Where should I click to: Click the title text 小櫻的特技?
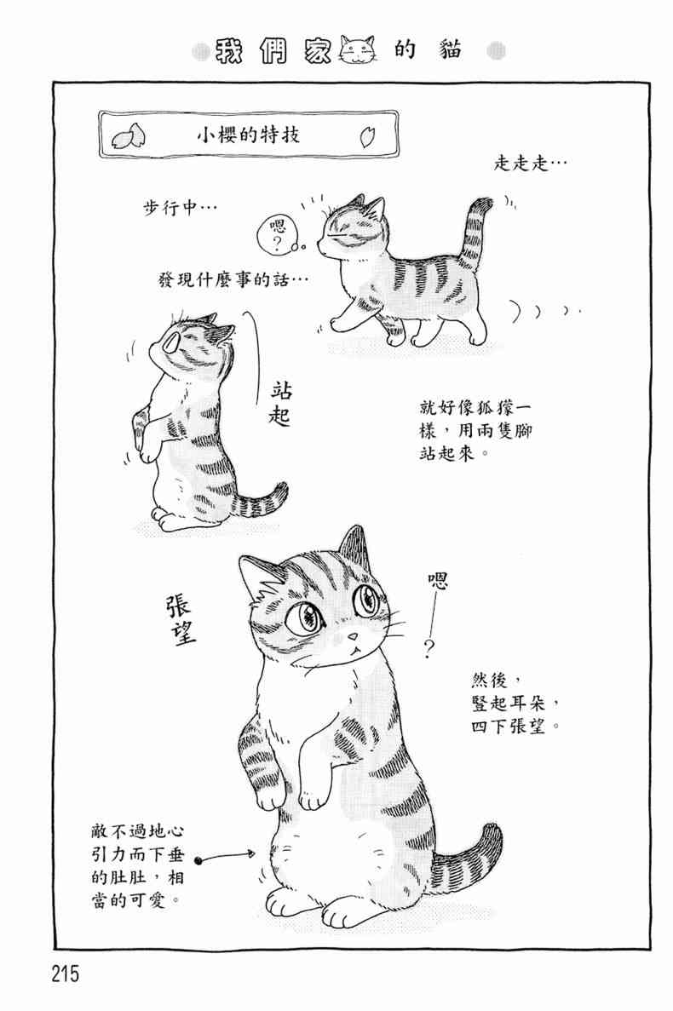pyautogui.click(x=248, y=135)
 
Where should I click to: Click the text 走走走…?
pyautogui.click(x=531, y=164)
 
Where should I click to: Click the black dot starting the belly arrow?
pyautogui.click(x=198, y=859)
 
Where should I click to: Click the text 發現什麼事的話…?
pyautogui.click(x=233, y=280)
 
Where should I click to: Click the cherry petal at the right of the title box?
pyautogui.click(x=368, y=136)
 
